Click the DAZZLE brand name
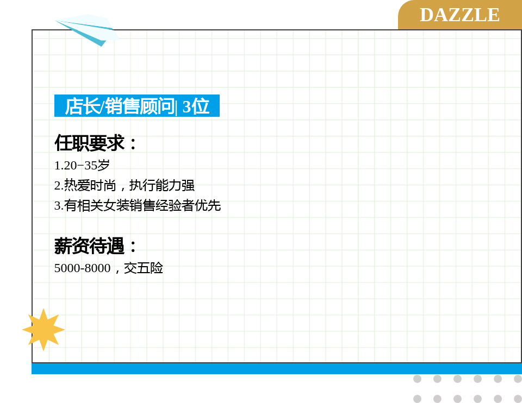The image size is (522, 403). click(460, 15)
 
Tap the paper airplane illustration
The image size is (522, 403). click(87, 30)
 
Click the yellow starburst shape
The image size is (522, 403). click(43, 330)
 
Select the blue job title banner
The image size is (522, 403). click(137, 106)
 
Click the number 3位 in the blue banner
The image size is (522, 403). click(196, 106)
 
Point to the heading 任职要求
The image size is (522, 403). click(96, 143)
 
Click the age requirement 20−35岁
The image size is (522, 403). click(86, 165)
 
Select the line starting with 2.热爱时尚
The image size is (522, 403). click(124, 186)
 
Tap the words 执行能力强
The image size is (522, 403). click(162, 186)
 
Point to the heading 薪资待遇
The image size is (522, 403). click(96, 246)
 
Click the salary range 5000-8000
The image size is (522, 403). click(82, 268)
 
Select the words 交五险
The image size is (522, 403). click(144, 268)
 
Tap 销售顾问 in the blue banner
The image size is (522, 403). click(140, 106)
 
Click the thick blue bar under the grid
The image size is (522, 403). click(277, 369)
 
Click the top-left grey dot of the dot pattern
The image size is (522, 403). click(417, 379)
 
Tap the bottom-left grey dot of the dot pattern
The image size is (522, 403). click(417, 399)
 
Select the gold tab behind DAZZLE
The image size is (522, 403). click(460, 15)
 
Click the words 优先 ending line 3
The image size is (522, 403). click(208, 205)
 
